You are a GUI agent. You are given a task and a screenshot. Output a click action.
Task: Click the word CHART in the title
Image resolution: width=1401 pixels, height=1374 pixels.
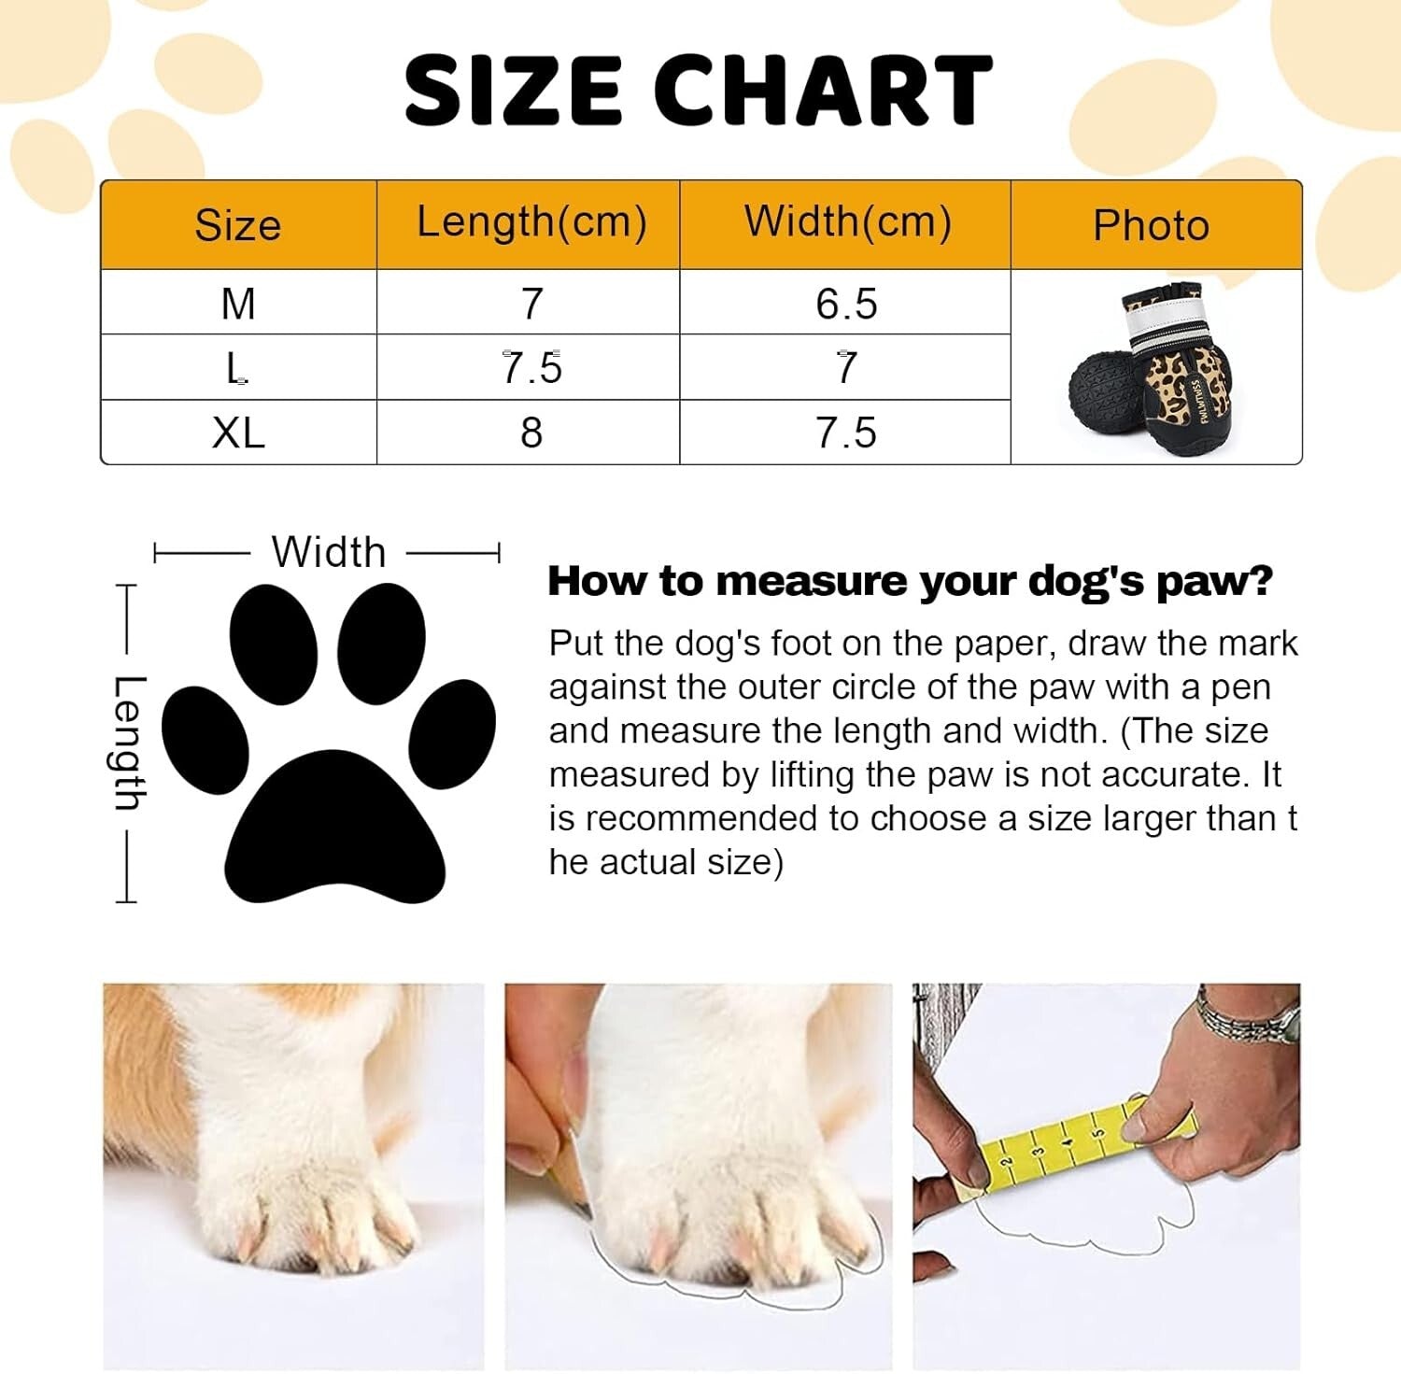(x=822, y=90)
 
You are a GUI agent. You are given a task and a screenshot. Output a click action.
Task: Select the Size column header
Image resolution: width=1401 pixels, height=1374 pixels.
(x=238, y=225)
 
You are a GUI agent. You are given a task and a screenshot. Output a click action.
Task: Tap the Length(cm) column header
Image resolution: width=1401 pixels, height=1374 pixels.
(x=531, y=222)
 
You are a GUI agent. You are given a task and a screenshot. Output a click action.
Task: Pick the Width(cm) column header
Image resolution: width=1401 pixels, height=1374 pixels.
(x=847, y=222)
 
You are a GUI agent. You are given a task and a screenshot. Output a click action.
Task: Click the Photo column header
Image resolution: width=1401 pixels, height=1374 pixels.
(x=1151, y=225)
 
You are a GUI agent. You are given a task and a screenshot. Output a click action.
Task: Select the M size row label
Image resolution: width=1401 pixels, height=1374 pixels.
(x=238, y=304)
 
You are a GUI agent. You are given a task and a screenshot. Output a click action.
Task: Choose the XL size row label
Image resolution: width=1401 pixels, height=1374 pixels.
(x=238, y=432)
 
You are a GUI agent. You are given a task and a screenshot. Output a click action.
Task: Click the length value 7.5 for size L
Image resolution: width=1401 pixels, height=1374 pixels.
(x=531, y=367)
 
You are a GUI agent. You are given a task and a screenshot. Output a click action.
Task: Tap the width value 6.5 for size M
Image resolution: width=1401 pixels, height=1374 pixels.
(x=846, y=304)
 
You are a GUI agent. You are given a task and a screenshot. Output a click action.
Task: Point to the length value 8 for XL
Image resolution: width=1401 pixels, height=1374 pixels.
(x=531, y=432)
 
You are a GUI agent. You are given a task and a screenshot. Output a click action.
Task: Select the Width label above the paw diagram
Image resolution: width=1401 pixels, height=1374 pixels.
(x=329, y=552)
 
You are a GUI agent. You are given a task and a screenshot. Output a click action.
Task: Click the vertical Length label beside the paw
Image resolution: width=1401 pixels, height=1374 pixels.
(x=128, y=743)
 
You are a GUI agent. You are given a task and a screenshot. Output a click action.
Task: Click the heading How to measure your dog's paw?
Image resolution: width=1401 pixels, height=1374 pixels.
(x=910, y=581)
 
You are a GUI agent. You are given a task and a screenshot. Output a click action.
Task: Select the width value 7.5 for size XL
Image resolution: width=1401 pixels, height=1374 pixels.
(x=846, y=432)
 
